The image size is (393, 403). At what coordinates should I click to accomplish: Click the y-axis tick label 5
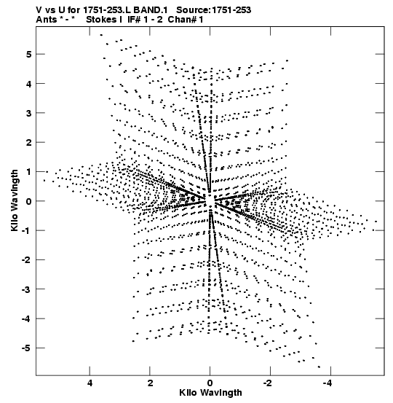pos(28,54)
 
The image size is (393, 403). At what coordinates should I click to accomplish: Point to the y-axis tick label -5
pos(26,348)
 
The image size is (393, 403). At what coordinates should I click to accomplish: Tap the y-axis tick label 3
pos(28,113)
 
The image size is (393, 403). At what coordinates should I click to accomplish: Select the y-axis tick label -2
pos(26,260)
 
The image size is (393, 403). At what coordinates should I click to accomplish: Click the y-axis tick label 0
pos(28,201)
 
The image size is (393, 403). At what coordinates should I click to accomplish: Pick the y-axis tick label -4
pos(26,318)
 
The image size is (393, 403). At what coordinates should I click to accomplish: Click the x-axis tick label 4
pos(90,383)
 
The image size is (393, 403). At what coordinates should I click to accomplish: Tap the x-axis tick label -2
pos(268,383)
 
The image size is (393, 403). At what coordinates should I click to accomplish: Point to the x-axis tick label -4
pos(327,383)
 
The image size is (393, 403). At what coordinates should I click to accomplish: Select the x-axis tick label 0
pos(210,383)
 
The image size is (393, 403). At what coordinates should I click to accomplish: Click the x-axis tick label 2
pos(150,383)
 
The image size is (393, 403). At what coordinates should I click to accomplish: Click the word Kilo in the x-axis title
pos(188,393)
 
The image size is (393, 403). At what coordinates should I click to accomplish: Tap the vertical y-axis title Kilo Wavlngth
pos(15,200)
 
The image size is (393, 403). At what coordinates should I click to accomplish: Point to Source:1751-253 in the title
pos(213,10)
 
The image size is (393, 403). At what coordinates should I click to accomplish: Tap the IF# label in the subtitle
pos(135,20)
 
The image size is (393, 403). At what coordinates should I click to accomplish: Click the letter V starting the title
pos(39,10)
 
